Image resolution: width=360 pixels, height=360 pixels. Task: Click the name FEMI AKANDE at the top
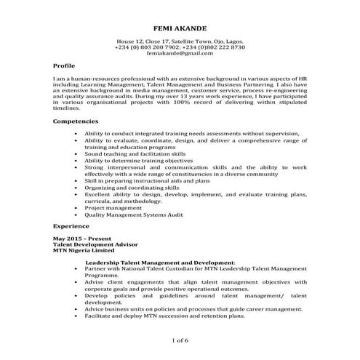coord(180,28)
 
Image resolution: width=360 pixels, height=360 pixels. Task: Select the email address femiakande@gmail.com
coord(180,54)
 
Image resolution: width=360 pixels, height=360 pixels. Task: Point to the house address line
coord(180,41)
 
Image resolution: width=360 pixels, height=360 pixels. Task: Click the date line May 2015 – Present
coord(81,239)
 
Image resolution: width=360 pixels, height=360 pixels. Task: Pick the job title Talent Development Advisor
coord(92,244)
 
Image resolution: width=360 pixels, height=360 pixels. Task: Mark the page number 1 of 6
coord(180,340)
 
